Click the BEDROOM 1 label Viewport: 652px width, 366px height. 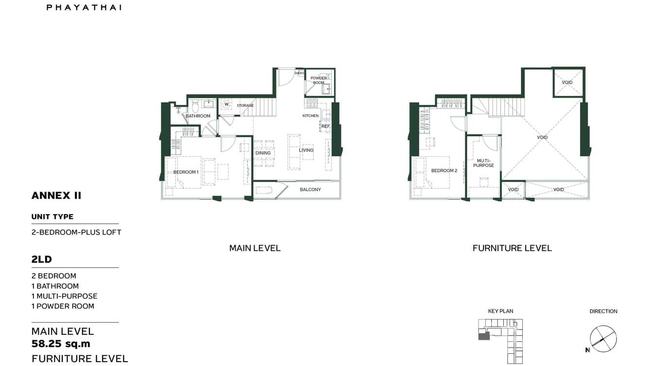[x=186, y=172]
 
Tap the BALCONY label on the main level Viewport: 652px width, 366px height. [x=310, y=190]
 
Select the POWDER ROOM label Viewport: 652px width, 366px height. [x=319, y=80]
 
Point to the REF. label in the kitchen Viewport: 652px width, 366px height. [x=326, y=126]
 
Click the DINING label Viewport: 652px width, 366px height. [x=263, y=153]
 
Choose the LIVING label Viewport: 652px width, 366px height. [x=306, y=150]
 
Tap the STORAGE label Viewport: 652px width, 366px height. [x=245, y=105]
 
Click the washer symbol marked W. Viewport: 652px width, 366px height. [x=226, y=104]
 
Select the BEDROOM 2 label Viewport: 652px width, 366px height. [x=444, y=171]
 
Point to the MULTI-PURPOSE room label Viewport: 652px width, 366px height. [x=483, y=163]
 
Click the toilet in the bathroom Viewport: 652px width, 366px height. [x=195, y=106]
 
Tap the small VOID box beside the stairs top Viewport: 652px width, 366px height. [x=567, y=82]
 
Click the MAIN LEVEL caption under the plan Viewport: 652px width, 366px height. [x=255, y=248]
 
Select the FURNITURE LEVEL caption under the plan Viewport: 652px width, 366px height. [x=512, y=248]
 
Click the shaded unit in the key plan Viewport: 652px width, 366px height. [x=484, y=336]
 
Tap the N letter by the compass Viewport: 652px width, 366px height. [x=587, y=350]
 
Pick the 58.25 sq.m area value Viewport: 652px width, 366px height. [x=61, y=344]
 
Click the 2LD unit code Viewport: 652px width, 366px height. [x=41, y=260]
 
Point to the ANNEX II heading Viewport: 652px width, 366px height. [x=56, y=196]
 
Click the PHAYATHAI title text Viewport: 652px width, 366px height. [x=84, y=7]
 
